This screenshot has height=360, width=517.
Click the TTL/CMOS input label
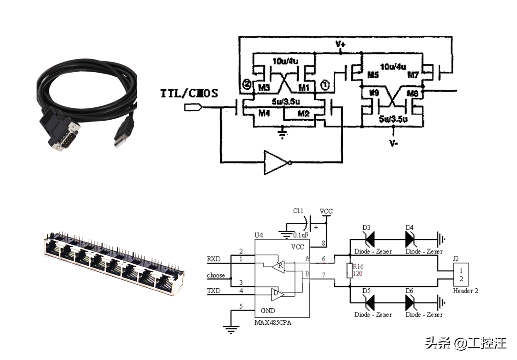[x=189, y=94]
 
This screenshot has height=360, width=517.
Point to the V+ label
[x=341, y=44]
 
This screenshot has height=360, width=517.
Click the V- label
[x=393, y=143]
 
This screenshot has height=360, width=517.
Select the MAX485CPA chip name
[x=272, y=322]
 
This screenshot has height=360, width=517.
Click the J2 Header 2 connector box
[x=461, y=275]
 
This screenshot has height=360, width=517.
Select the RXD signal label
[x=214, y=258]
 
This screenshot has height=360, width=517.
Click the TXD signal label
[x=214, y=291]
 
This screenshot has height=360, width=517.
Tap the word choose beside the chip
[x=216, y=275]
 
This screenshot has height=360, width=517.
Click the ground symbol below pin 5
[x=230, y=330]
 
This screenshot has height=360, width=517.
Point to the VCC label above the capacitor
[x=326, y=211]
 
